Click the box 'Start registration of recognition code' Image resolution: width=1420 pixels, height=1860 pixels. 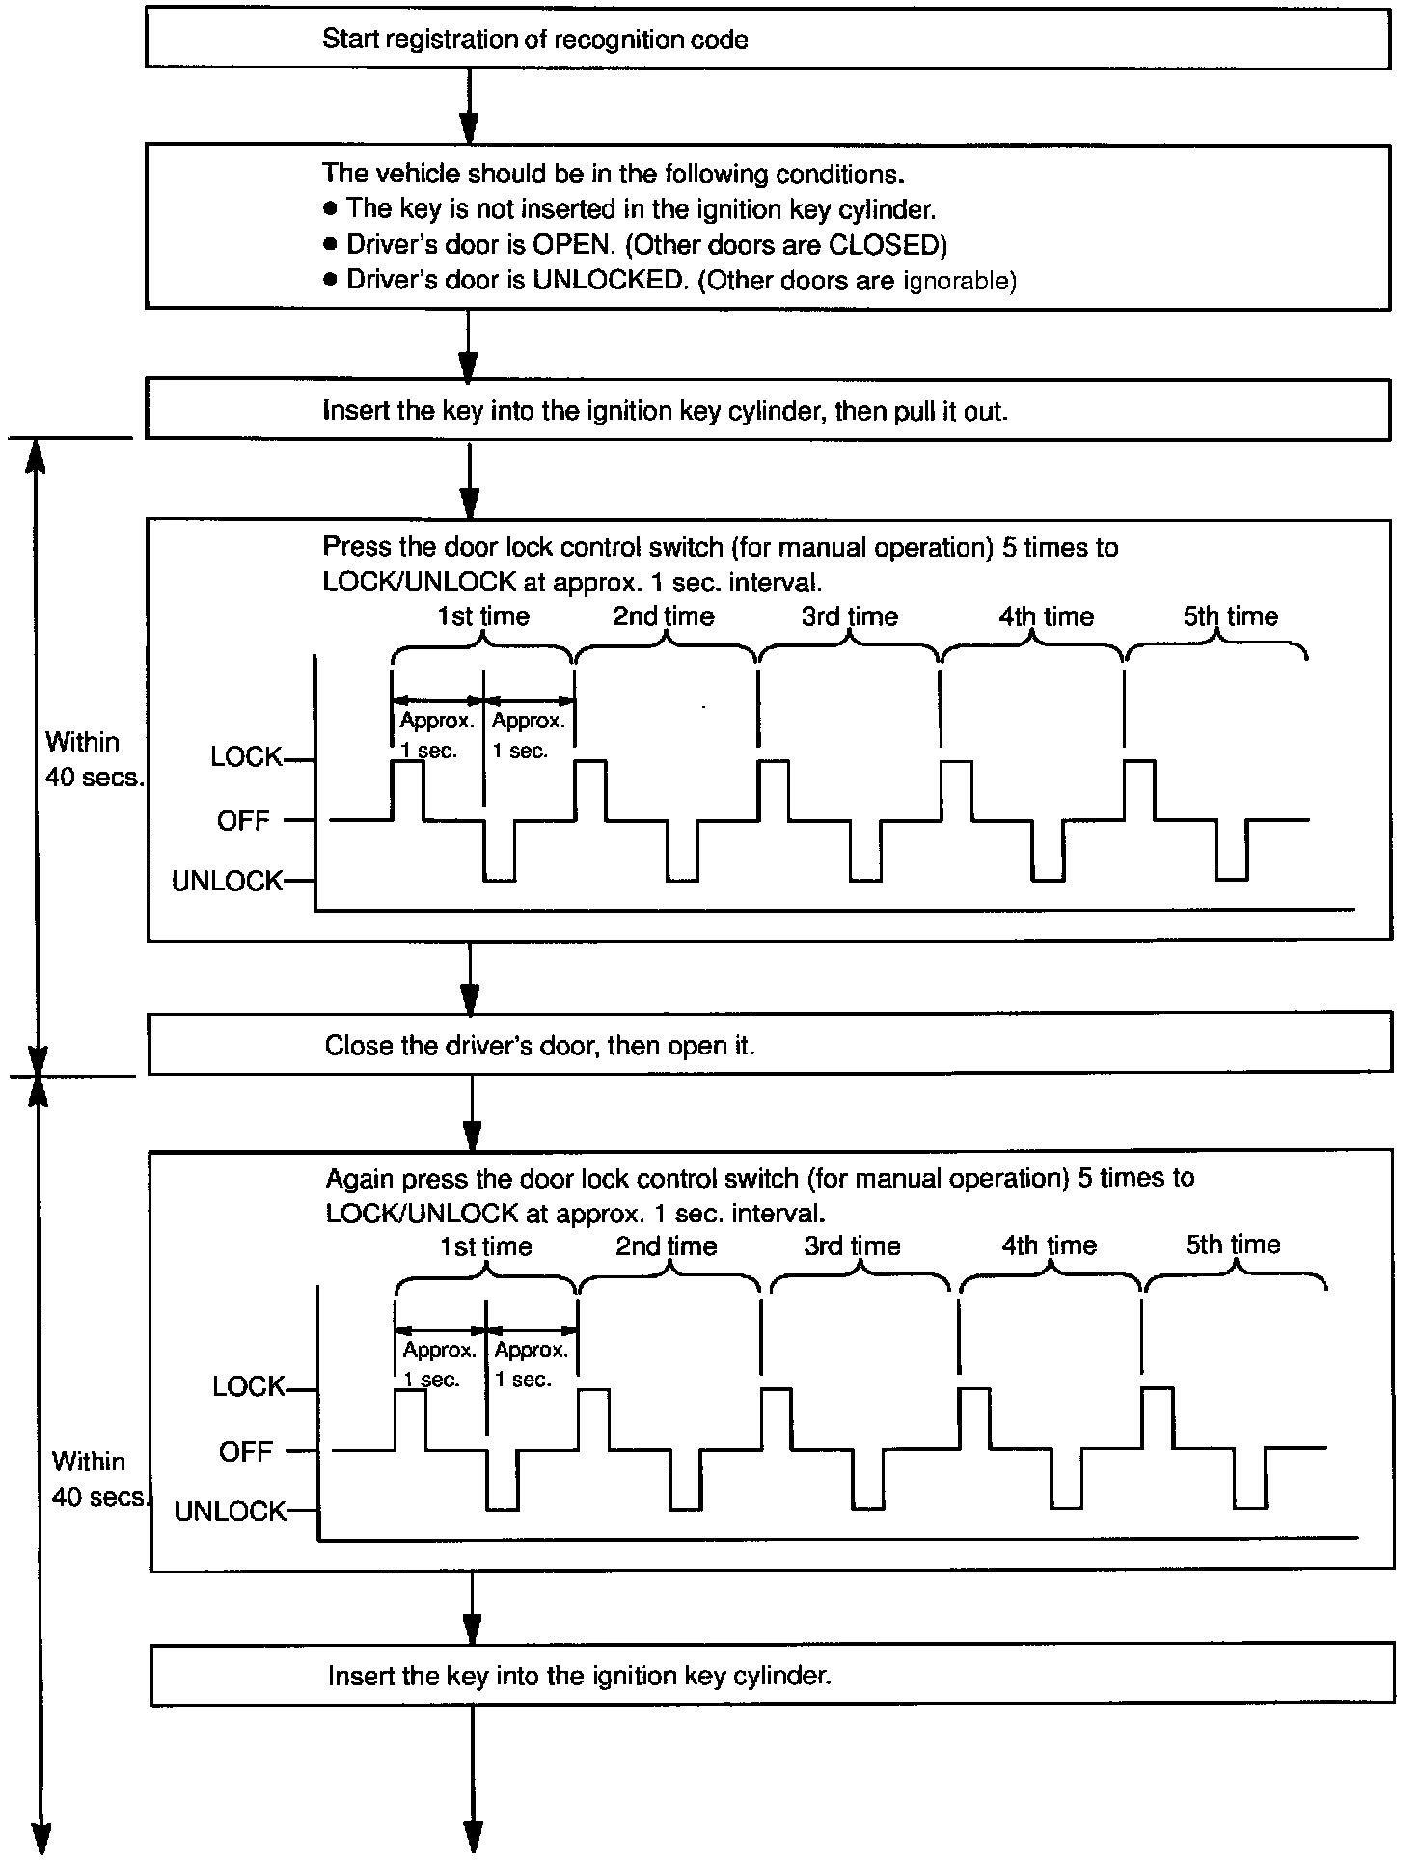(767, 39)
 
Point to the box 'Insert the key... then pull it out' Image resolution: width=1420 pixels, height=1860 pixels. (767, 410)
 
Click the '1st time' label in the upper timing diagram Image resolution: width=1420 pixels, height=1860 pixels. (483, 615)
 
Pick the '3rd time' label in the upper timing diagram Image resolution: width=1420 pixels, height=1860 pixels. (849, 615)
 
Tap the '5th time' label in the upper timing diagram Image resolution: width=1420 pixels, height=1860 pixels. (1230, 615)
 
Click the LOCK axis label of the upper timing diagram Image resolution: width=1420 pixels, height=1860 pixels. (246, 757)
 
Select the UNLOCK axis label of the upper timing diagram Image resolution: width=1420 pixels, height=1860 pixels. (227, 881)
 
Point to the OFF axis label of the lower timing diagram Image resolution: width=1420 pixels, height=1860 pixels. (246, 1451)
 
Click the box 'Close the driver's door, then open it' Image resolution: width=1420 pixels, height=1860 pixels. (769, 1045)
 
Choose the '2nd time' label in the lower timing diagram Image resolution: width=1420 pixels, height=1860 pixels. (667, 1245)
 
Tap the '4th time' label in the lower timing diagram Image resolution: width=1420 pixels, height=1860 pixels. (1049, 1245)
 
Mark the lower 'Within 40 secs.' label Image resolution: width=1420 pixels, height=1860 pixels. (96, 1478)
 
